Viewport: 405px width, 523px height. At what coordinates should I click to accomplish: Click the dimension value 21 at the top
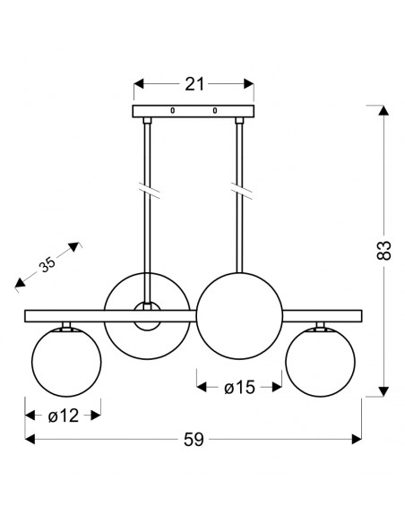pos(194,84)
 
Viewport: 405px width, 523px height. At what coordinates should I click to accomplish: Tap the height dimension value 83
pos(383,250)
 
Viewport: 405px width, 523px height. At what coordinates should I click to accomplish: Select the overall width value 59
pos(194,440)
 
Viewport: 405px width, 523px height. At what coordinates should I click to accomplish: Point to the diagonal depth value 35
pos(47,264)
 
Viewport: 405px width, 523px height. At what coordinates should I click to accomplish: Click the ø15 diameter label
pos(239,388)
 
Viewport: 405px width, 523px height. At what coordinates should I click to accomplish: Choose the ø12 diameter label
pos(64,416)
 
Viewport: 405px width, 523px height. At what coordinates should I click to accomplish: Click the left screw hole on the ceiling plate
pos(172,110)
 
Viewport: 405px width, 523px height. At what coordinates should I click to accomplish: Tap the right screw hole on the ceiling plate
pos(215,110)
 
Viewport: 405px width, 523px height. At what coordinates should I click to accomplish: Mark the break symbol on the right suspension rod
pos(242,191)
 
